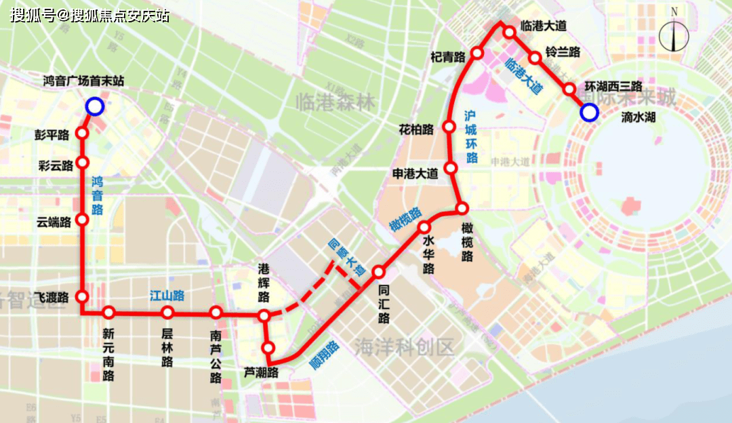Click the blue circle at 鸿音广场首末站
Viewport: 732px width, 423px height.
[94, 106]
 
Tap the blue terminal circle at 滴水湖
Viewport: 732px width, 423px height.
[589, 113]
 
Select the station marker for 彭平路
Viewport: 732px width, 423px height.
[82, 134]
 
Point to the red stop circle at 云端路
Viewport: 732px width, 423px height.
[82, 220]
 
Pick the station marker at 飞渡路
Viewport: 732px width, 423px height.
[82, 296]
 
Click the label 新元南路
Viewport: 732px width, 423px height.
[108, 355]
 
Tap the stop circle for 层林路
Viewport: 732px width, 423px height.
[167, 313]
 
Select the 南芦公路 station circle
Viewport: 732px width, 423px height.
[216, 313]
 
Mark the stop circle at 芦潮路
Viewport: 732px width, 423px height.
[268, 348]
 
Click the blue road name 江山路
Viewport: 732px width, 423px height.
[167, 296]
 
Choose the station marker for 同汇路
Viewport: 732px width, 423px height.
[378, 272]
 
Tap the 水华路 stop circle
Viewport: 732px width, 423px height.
[425, 227]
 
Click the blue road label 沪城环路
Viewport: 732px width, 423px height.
[470, 138]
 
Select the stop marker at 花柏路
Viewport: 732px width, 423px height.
[449, 127]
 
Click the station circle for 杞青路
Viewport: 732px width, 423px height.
[477, 54]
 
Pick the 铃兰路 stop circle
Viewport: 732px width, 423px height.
[535, 58]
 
